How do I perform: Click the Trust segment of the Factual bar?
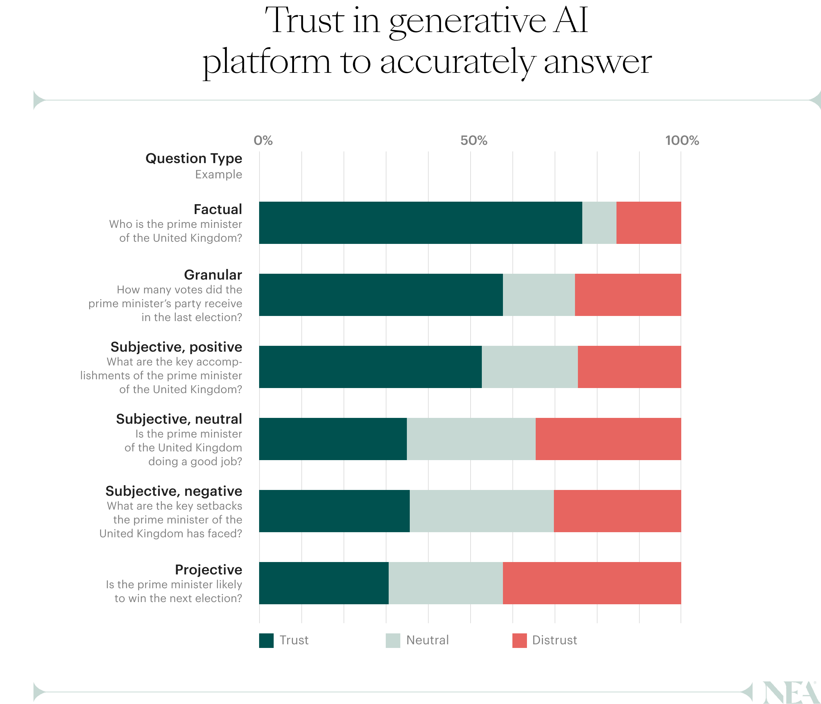click(x=420, y=223)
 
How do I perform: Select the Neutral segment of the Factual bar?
click(x=599, y=223)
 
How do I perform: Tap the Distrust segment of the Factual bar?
click(x=649, y=223)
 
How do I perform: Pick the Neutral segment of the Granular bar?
click(x=539, y=294)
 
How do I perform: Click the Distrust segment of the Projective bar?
click(x=592, y=583)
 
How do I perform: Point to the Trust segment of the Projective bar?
click(x=324, y=583)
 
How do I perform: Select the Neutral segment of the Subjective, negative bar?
click(x=481, y=511)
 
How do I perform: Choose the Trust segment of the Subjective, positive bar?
click(x=370, y=367)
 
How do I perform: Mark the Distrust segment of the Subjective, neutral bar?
click(x=608, y=439)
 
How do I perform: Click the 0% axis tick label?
click(x=263, y=140)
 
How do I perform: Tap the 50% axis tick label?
click(x=473, y=140)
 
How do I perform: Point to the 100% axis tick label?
click(x=682, y=140)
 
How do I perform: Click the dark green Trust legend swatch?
click(x=266, y=640)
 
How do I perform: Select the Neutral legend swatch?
click(x=393, y=640)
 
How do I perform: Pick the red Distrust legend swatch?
click(x=519, y=640)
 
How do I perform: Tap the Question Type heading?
click(x=194, y=159)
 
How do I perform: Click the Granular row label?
click(x=213, y=275)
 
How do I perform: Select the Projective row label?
click(x=209, y=570)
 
